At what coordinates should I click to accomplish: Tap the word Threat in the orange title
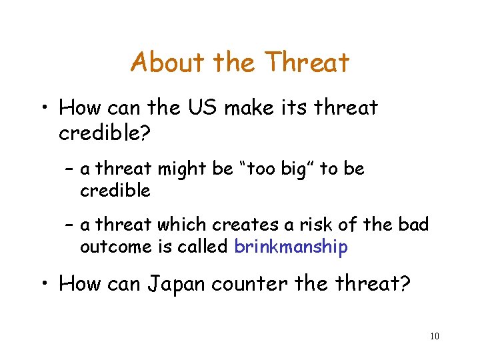tap(307, 63)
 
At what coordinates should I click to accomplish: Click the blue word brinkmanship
tap(291, 247)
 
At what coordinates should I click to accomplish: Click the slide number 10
tap(435, 337)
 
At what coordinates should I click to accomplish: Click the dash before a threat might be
tap(69, 170)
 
